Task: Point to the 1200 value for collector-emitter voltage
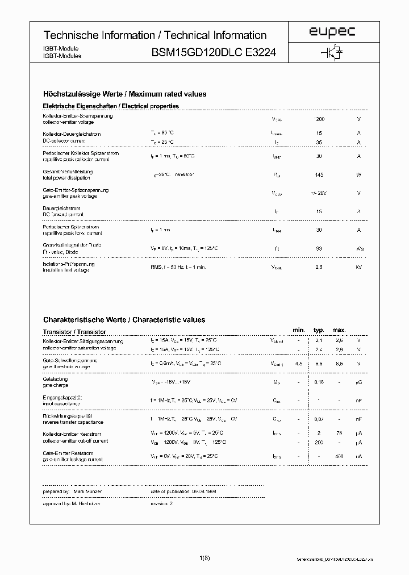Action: click(x=319, y=119)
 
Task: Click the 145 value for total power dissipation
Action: click(x=319, y=174)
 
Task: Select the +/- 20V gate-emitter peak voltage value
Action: click(x=319, y=193)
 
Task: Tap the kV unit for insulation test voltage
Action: click(x=358, y=267)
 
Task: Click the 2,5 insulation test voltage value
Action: click(x=319, y=267)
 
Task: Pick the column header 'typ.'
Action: click(x=319, y=330)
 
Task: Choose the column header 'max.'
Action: click(x=339, y=330)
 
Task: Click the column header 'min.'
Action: click(x=299, y=330)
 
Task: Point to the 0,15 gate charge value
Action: click(x=319, y=382)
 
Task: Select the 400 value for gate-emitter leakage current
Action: click(x=339, y=456)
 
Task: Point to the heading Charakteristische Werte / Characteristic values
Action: click(x=124, y=320)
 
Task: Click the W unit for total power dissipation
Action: click(x=358, y=174)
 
